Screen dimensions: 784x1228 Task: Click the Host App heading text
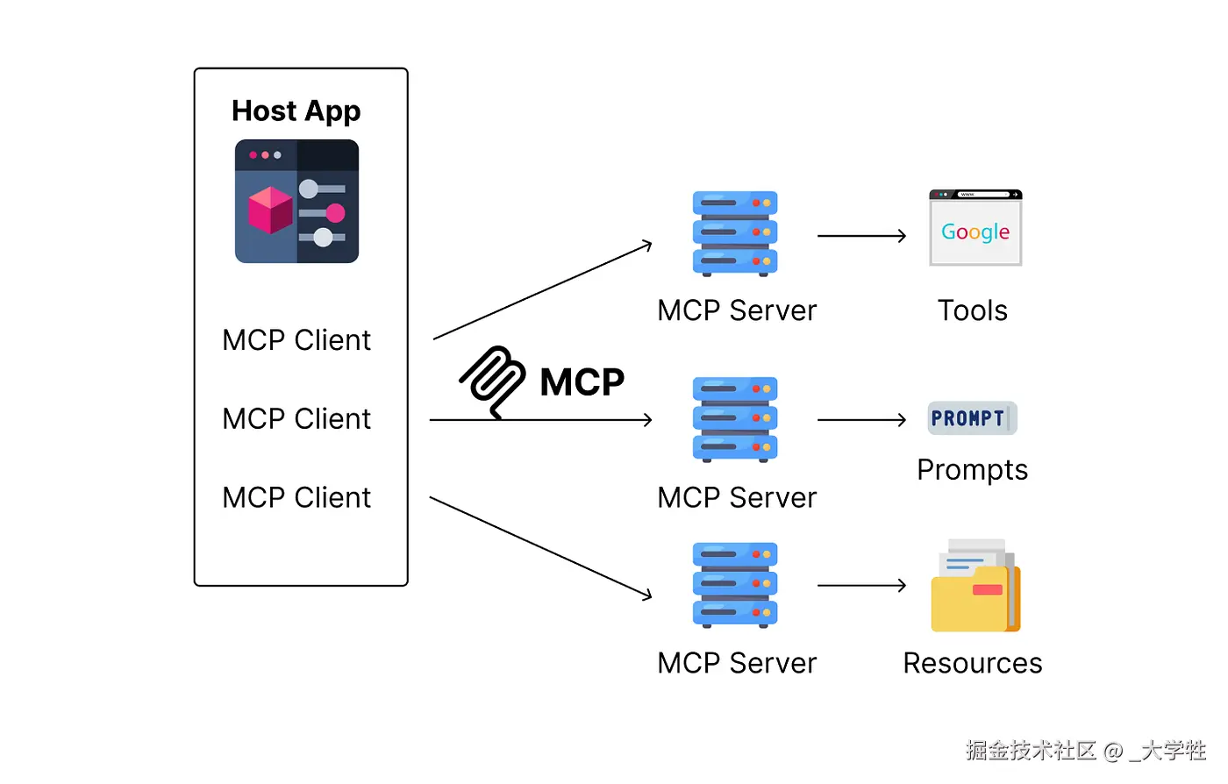click(296, 111)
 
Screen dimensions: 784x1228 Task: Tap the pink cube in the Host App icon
click(270, 210)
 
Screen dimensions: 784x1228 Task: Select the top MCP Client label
click(296, 340)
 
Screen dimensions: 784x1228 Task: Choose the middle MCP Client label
click(296, 419)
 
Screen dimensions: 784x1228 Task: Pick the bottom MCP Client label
click(296, 498)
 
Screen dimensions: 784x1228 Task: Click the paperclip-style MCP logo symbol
click(492, 381)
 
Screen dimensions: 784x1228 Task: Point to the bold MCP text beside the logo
click(582, 382)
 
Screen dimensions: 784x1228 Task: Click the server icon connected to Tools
click(735, 233)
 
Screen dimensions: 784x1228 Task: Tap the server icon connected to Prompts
click(735, 419)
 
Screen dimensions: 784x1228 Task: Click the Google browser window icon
click(975, 228)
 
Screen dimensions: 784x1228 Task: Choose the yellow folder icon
click(975, 587)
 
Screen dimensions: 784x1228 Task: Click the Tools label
click(972, 310)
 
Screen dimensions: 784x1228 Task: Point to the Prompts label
click(972, 470)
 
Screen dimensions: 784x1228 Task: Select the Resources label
click(972, 663)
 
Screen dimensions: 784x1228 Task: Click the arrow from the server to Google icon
click(861, 235)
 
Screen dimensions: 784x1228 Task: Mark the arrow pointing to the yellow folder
click(861, 585)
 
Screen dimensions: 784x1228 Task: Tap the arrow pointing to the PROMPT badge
click(861, 420)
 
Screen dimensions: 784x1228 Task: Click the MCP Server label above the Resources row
click(737, 498)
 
